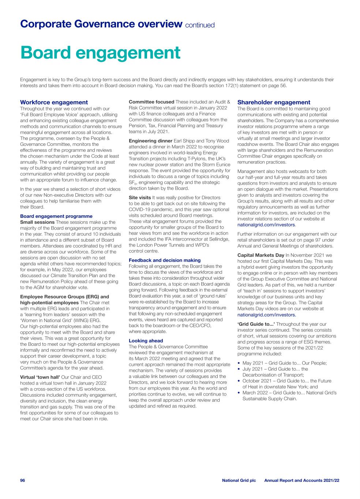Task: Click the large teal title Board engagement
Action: pos(101,53)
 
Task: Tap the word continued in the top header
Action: pos(200,25)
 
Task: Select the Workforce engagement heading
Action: pos(54,102)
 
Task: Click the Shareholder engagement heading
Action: pos(274,102)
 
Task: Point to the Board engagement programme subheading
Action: pos(56,216)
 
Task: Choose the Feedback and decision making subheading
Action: pos(165,260)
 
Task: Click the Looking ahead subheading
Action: pos(146,341)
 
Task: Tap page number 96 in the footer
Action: pos(22,480)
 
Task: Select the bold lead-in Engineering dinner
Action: pos(150,141)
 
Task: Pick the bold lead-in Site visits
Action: pos(140,198)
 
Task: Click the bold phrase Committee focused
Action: pos(151,102)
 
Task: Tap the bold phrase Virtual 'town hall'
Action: pos(40,377)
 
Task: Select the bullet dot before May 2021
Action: pos(239,363)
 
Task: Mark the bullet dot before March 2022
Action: pos(239,393)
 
